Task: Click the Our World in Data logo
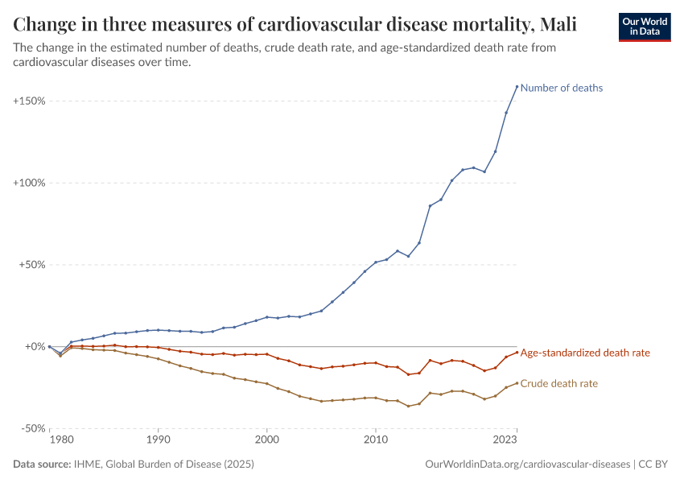tap(644, 27)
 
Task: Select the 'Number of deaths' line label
tap(562, 88)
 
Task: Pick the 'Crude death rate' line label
tap(559, 384)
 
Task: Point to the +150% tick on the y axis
tap(29, 101)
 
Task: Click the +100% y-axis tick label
tap(29, 184)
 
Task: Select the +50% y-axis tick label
tap(31, 265)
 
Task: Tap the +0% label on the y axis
tap(34, 347)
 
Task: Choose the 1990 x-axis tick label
tap(158, 440)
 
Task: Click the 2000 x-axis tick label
tap(266, 440)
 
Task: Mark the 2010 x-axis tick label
tap(375, 440)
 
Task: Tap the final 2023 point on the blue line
tap(517, 86)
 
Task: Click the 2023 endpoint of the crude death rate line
tap(517, 383)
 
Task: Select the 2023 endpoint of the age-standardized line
tap(517, 352)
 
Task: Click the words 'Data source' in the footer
tap(41, 464)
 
